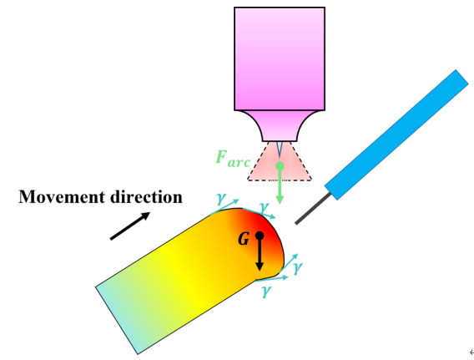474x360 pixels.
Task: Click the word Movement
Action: point(63,196)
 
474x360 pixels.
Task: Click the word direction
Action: point(146,196)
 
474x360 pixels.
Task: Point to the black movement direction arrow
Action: point(130,226)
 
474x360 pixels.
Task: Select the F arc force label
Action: point(233,158)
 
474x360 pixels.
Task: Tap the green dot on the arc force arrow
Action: point(280,165)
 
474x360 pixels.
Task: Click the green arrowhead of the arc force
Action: point(280,200)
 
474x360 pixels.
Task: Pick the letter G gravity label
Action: point(244,239)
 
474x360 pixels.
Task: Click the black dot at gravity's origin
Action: point(260,236)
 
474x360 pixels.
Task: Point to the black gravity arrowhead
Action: point(260,266)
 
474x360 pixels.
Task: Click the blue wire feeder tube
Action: point(396,134)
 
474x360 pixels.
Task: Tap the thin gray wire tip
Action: point(313,209)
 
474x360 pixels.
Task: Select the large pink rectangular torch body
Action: point(280,58)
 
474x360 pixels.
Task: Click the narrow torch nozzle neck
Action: point(280,126)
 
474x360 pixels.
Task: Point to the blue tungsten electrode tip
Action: point(280,150)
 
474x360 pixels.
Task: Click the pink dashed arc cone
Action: point(280,161)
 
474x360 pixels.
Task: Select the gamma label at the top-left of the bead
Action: point(221,199)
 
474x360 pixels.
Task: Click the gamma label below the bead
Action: point(266,291)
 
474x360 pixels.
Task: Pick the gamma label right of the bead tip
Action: point(297,268)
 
